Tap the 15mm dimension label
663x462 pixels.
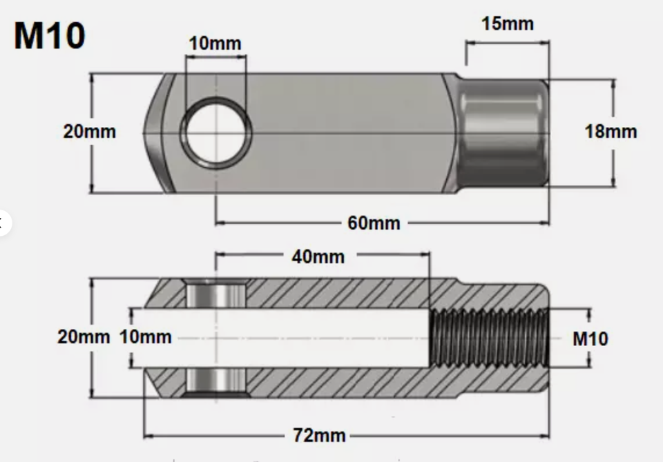point(507,23)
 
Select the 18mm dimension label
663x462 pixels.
point(611,131)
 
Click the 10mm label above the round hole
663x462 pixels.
point(215,43)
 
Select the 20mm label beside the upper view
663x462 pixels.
point(90,131)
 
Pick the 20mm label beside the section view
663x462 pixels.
point(83,337)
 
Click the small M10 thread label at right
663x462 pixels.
point(590,339)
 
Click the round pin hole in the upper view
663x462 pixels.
point(215,132)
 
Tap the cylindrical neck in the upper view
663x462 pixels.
point(503,132)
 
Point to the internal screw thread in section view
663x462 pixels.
point(489,339)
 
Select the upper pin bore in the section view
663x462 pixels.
point(216,294)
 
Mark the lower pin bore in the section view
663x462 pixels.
point(216,381)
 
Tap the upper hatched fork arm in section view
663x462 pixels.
point(331,293)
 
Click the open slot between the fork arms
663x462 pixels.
point(311,338)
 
